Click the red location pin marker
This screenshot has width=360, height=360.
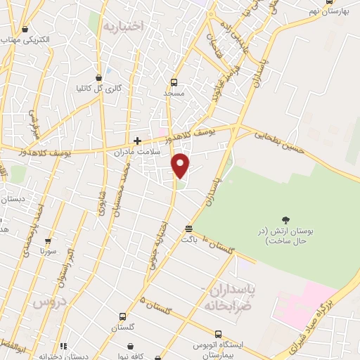(x=181, y=165)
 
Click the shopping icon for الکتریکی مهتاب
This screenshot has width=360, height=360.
(x=26, y=30)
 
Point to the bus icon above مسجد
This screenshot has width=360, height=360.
(x=174, y=82)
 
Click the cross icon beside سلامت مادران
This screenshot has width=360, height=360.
(x=138, y=141)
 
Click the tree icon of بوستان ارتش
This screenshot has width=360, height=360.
(x=285, y=220)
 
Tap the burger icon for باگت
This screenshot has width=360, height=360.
(x=188, y=229)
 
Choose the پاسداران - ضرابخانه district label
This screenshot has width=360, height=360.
(x=230, y=297)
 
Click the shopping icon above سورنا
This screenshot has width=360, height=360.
(x=48, y=240)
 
